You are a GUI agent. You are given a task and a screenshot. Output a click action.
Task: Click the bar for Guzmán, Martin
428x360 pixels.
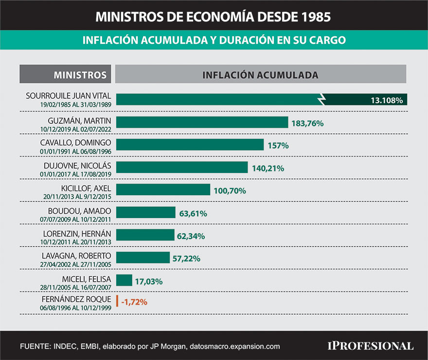click(202, 122)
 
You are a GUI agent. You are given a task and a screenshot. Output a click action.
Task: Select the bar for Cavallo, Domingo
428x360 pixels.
click(190, 145)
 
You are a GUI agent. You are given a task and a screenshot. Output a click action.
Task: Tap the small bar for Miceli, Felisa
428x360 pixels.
click(125, 280)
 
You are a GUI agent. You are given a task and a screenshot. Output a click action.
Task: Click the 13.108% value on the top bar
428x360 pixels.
click(387, 101)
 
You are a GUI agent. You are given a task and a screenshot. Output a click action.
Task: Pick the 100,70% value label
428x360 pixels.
click(230, 191)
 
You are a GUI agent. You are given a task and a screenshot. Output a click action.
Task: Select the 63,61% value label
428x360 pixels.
click(193, 213)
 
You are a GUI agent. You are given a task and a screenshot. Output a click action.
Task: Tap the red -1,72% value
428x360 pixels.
click(134, 302)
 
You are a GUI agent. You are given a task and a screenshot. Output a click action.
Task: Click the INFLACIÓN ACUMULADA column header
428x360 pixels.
click(260, 75)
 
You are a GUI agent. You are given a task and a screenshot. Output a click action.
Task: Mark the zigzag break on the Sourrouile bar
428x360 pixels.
click(322, 100)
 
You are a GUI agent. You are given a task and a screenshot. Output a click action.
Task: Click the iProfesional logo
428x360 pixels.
click(370, 346)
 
